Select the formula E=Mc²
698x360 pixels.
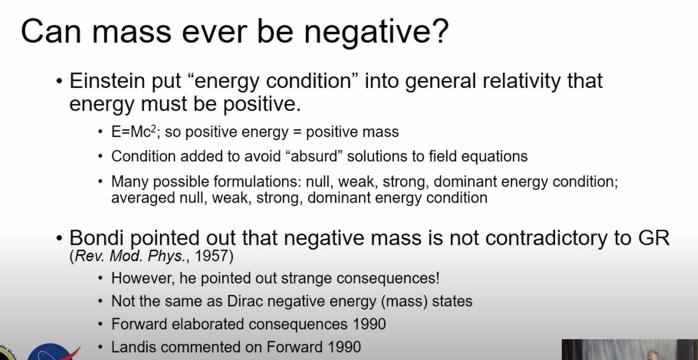click(134, 132)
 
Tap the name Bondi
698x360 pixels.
click(96, 238)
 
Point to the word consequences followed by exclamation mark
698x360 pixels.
click(388, 278)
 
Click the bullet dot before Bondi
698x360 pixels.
click(59, 238)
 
